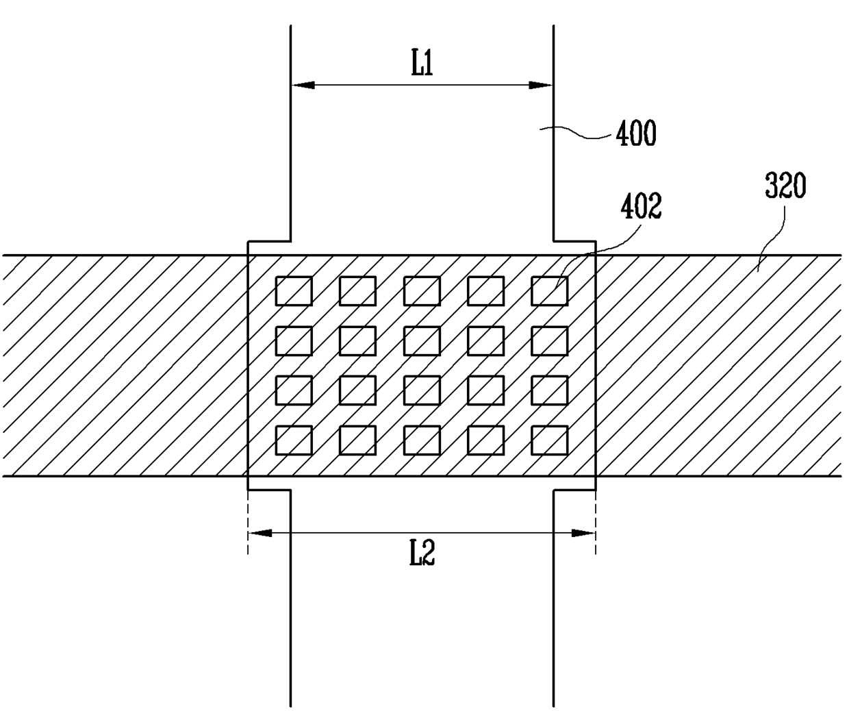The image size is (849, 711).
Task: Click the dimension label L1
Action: click(x=422, y=64)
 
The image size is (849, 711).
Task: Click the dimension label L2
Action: click(x=422, y=553)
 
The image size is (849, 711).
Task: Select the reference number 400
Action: click(x=635, y=133)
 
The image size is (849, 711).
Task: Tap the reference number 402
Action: click(x=641, y=208)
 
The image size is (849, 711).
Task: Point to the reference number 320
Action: click(x=785, y=186)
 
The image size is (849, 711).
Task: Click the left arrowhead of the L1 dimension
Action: click(x=303, y=86)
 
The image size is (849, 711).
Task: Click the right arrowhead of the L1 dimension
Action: click(x=541, y=86)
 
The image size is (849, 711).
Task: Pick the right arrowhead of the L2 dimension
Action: click(x=583, y=533)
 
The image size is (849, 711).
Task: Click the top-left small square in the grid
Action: click(x=294, y=291)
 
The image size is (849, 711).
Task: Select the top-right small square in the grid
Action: click(x=549, y=291)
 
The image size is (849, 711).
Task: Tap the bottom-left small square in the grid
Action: click(x=294, y=440)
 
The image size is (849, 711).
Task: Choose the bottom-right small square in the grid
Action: click(x=549, y=440)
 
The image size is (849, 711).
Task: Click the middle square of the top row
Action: click(x=422, y=291)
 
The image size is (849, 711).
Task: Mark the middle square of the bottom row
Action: click(x=422, y=440)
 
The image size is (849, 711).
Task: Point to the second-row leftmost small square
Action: click(x=294, y=341)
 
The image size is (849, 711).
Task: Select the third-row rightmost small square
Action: click(x=549, y=390)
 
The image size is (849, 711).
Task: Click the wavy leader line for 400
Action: click(x=582, y=133)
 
